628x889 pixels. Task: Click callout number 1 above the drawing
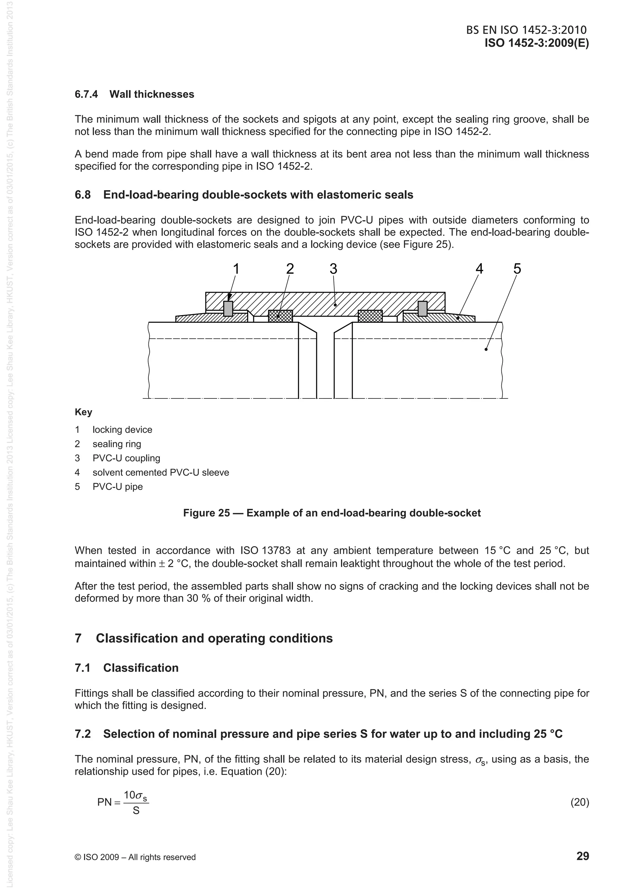tap(236, 269)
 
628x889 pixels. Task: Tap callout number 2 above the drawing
tap(290, 269)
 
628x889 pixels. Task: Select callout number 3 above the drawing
tap(334, 269)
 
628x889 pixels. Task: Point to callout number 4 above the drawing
tap(479, 269)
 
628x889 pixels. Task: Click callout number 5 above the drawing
tap(517, 269)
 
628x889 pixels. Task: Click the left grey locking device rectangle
tap(228, 309)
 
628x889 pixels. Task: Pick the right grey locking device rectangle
tap(423, 309)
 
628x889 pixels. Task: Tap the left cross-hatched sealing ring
tap(281, 316)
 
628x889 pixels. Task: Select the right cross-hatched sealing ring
tap(370, 316)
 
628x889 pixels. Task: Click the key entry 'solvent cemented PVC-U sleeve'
tap(161, 472)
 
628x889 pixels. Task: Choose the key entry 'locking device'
tap(122, 430)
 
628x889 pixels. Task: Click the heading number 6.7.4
tap(86, 94)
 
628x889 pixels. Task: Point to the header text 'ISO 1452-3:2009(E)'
tap(537, 43)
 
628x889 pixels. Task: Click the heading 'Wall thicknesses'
tap(152, 94)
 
